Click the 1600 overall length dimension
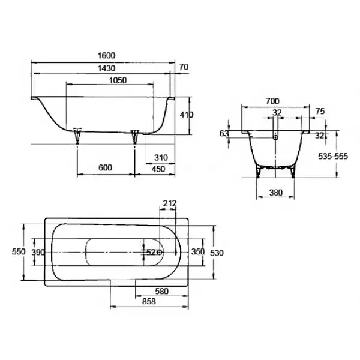(x=106, y=56)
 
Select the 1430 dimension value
(x=106, y=68)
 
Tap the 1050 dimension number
(x=118, y=80)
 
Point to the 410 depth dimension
(x=187, y=115)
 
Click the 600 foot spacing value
(x=106, y=168)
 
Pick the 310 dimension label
(x=161, y=158)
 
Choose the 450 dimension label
(x=158, y=169)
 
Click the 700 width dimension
(x=272, y=101)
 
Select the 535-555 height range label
(x=333, y=157)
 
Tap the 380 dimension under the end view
(x=276, y=193)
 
